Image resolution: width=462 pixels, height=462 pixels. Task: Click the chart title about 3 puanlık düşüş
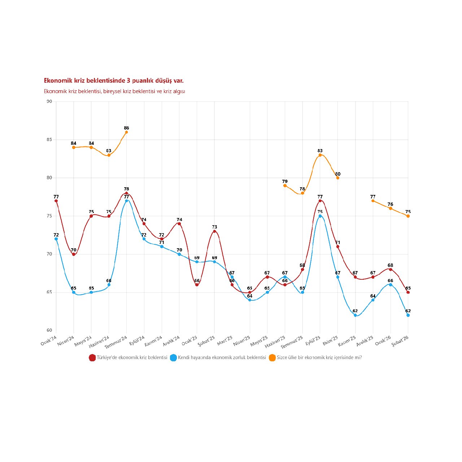coord(114,80)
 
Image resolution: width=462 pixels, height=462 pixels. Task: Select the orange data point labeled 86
coord(126,132)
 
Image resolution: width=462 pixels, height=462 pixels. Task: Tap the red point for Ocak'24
coord(56,201)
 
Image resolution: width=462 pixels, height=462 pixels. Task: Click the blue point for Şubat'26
coord(408,315)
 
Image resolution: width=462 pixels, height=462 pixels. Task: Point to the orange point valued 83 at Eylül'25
coord(320,155)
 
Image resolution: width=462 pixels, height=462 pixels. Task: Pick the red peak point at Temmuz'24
coord(126,193)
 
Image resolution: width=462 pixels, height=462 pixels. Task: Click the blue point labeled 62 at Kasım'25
coord(355,315)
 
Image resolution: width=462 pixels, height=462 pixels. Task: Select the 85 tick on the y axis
coord(49,140)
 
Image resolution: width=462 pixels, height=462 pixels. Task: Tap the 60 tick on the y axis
coord(49,330)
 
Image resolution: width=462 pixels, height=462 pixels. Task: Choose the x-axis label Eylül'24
coord(138,340)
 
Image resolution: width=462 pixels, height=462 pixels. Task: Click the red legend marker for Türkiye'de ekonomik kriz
coord(92,358)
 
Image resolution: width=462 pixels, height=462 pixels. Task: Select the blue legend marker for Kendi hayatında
coord(173,358)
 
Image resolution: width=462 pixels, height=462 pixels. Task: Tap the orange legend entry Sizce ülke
coord(319,358)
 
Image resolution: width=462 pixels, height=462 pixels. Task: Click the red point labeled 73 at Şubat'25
coord(214,231)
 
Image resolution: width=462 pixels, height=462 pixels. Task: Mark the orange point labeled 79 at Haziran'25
coord(285,186)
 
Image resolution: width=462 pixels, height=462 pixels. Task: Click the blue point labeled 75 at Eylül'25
coord(320,216)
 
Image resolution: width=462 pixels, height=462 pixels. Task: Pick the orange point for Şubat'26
coord(408,216)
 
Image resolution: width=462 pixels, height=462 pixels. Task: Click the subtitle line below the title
coord(114,91)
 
